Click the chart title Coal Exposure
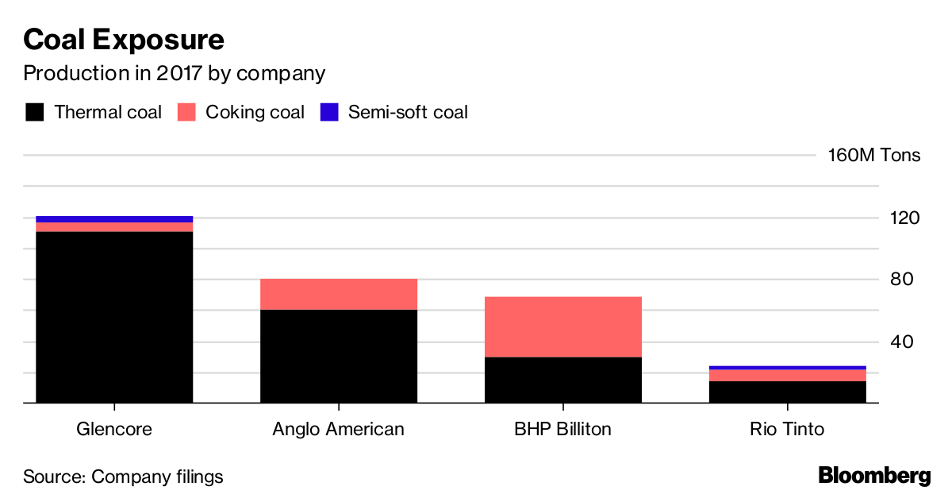[x=124, y=39]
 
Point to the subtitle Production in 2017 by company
[x=174, y=74]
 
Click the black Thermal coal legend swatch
[x=34, y=112]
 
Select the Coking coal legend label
[x=255, y=112]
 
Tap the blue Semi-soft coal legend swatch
[x=329, y=112]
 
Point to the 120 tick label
[x=904, y=218]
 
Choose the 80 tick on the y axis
[x=904, y=280]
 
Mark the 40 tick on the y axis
[x=904, y=342]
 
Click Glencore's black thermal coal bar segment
[x=114, y=318]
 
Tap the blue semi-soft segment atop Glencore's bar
[x=114, y=218]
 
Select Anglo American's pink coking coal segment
[x=339, y=294]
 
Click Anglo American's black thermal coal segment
[x=339, y=357]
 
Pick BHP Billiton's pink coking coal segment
[x=562, y=326]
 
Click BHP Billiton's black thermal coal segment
[x=562, y=380]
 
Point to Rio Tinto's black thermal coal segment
[x=787, y=392]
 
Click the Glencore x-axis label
[x=114, y=430]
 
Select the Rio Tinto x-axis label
[x=787, y=430]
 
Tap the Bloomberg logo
[x=874, y=477]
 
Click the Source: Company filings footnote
[x=123, y=477]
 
